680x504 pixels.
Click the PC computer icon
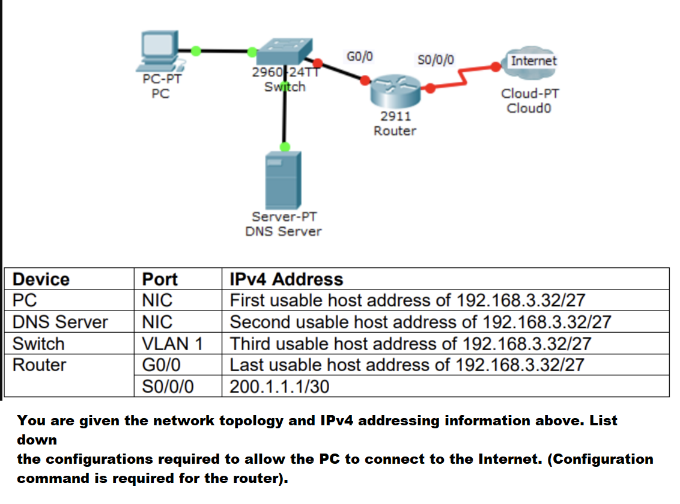(x=159, y=52)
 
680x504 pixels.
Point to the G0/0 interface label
(x=359, y=57)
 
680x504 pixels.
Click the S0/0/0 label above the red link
(x=436, y=59)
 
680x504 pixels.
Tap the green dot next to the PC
(x=196, y=51)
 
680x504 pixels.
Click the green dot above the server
(x=285, y=147)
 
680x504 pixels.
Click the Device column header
(x=41, y=279)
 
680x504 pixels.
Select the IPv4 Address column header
(x=287, y=279)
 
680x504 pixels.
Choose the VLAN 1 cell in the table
(x=172, y=344)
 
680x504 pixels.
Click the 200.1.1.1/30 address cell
(x=279, y=386)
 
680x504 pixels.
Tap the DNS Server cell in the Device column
(x=60, y=322)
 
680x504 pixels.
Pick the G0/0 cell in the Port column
(x=162, y=365)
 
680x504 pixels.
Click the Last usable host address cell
(x=407, y=365)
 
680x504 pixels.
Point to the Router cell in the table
(x=40, y=365)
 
